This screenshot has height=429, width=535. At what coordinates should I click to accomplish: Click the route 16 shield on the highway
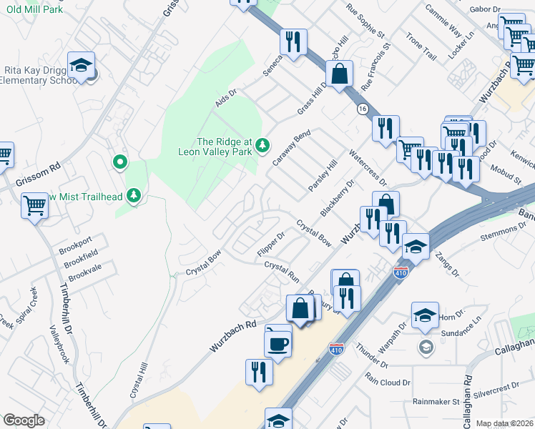click(x=363, y=109)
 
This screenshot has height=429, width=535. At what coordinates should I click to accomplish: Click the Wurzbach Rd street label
click(x=233, y=335)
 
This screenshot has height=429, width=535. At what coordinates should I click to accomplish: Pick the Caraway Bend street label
click(x=291, y=147)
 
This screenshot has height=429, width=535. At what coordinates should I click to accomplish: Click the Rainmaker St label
click(x=436, y=402)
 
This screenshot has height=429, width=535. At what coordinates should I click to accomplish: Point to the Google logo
click(x=24, y=420)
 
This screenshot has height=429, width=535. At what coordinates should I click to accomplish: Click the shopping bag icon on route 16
click(x=339, y=74)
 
